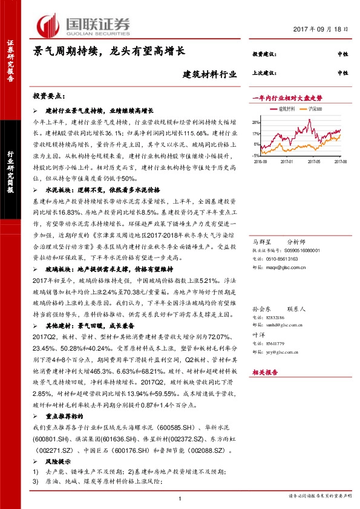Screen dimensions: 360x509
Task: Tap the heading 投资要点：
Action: (49, 97)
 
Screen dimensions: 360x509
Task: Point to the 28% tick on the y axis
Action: (257, 122)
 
